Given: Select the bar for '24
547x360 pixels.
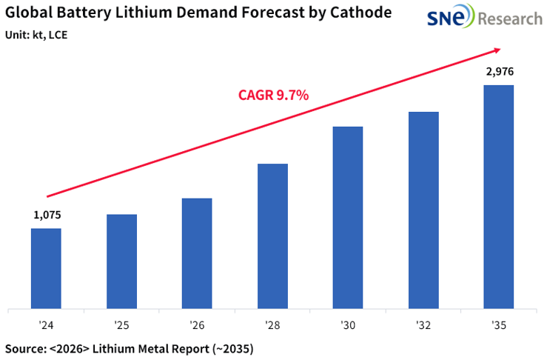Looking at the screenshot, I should coord(46,268).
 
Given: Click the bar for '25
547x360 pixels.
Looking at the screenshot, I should coord(121,261).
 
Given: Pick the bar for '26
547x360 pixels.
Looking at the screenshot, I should coord(197,253).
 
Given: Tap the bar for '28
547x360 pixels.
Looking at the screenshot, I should coord(272,236).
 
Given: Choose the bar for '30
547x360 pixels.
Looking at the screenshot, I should coord(348,217).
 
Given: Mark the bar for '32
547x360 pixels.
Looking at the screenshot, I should coord(423,210).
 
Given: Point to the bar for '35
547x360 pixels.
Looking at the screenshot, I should coord(498,196).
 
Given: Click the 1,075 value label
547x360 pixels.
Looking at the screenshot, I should coord(47,216).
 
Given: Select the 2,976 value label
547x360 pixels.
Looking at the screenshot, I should coord(499,72).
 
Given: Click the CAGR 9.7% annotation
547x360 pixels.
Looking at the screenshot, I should coord(273,95).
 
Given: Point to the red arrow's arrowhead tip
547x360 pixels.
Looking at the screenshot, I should coord(501,50).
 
